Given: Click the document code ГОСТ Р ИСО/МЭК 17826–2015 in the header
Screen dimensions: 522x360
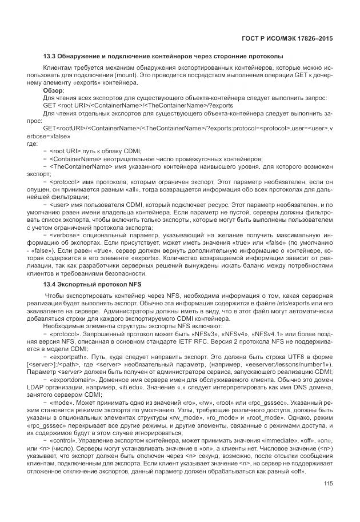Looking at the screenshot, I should pos(283,38).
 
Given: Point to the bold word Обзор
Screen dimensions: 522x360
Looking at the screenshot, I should pos(54,90).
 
